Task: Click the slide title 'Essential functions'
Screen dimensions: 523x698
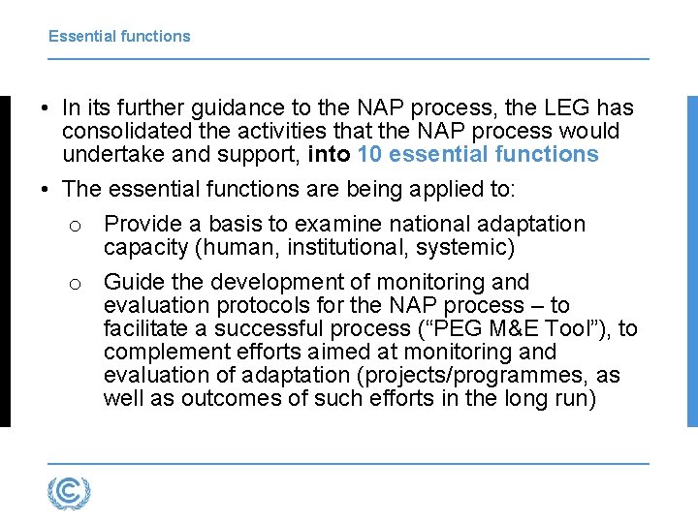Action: (119, 37)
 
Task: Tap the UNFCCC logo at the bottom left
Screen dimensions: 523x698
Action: (69, 493)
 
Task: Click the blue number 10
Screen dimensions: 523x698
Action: (370, 154)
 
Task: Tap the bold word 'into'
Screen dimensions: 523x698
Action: (329, 154)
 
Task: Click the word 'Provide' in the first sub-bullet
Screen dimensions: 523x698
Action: (142, 224)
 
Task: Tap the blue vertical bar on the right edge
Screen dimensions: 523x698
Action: (691, 261)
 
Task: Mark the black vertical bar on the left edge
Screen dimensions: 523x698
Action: (5, 261)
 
